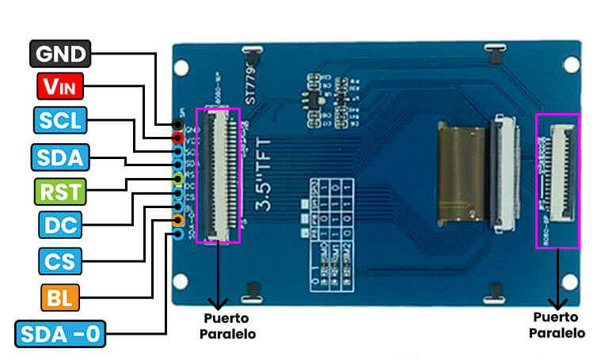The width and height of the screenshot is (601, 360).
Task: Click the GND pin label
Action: [x=60, y=54]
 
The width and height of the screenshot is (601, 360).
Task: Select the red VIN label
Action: [x=60, y=85]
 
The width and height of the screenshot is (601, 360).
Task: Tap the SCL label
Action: [x=60, y=121]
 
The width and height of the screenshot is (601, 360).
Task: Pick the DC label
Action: [x=59, y=225]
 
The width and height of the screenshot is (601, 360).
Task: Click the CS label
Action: [x=59, y=260]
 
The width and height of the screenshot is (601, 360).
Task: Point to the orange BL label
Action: [x=59, y=297]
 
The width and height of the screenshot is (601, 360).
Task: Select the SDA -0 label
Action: [x=59, y=334]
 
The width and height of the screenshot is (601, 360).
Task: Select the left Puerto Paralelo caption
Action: [x=227, y=327]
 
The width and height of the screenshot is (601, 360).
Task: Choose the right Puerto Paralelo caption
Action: [x=557, y=325]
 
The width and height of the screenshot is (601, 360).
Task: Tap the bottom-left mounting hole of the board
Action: [x=181, y=280]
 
